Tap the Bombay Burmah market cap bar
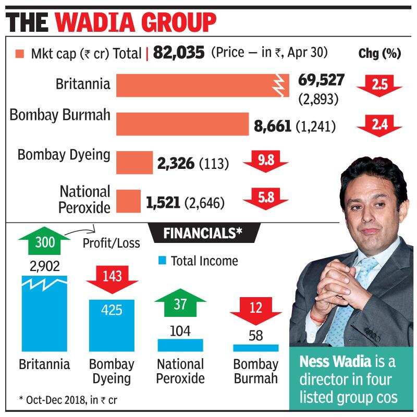(x=182, y=124)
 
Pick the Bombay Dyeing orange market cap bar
(x=134, y=162)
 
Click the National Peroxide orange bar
(x=128, y=201)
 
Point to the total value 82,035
(x=178, y=53)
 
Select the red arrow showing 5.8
(x=265, y=200)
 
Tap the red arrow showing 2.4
(x=379, y=125)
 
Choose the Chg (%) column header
(x=379, y=53)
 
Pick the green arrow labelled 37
(x=179, y=305)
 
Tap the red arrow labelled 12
(x=255, y=310)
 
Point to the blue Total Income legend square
(x=162, y=260)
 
